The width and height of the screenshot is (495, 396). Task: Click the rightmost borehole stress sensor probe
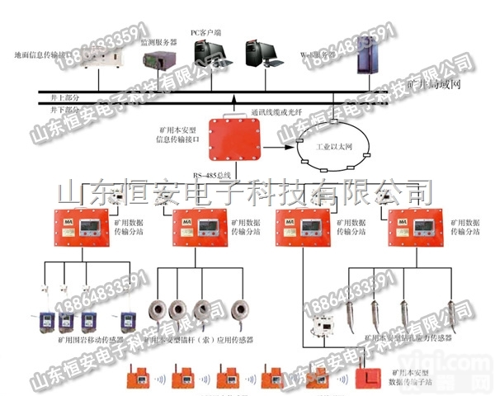(450, 313)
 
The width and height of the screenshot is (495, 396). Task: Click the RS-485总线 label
(210, 175)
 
